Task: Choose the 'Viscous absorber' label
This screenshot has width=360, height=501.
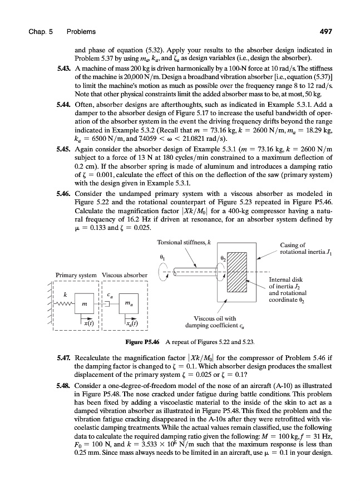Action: tap(124, 274)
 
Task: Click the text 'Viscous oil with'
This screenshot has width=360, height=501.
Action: tap(211, 319)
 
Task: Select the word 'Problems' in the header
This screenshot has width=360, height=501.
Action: tap(80, 31)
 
